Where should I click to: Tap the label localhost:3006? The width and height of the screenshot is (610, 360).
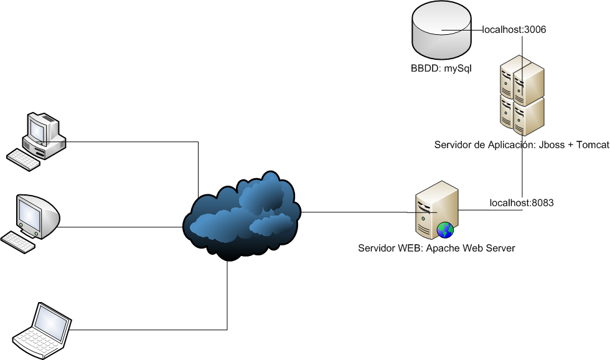click(514, 29)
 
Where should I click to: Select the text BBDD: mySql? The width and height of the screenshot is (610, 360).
click(441, 69)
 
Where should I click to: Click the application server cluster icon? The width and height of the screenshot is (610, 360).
click(522, 95)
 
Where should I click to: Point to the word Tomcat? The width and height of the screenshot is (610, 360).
click(593, 144)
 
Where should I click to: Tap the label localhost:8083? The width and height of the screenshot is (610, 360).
click(522, 203)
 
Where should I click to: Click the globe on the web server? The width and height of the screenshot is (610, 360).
click(445, 230)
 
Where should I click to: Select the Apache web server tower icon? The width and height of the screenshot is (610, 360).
click(436, 210)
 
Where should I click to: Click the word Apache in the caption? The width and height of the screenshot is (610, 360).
click(441, 249)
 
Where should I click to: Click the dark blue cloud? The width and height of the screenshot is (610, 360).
click(242, 216)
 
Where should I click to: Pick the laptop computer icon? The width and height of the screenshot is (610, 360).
click(42, 330)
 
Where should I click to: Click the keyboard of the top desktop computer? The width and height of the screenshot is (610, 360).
click(24, 159)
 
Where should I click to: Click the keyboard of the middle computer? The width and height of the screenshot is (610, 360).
click(18, 242)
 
